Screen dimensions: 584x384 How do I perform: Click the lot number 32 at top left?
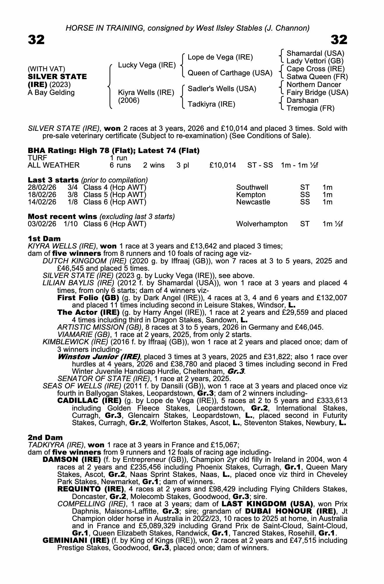(x=36, y=40)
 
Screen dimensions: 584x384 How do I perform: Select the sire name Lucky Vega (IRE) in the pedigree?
(x=147, y=65)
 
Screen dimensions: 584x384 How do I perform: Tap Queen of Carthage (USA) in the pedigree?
(x=230, y=73)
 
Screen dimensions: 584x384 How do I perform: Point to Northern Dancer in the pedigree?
(x=314, y=85)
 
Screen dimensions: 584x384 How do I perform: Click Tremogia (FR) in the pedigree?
(x=310, y=108)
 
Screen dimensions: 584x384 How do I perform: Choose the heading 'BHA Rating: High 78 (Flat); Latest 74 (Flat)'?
(x=114, y=151)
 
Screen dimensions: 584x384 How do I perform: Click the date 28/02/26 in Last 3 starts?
(x=42, y=187)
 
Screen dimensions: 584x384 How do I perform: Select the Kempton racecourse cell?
(x=251, y=195)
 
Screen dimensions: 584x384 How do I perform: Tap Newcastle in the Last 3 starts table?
(x=253, y=202)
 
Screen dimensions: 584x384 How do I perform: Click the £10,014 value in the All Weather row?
(x=223, y=165)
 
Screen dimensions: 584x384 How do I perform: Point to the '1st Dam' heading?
(x=44, y=239)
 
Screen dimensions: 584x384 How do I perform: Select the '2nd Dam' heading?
(x=45, y=437)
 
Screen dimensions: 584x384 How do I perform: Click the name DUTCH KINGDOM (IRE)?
(x=84, y=261)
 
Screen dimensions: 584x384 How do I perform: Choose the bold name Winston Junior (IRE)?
(x=99, y=357)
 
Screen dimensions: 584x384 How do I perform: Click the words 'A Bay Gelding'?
(x=51, y=93)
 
